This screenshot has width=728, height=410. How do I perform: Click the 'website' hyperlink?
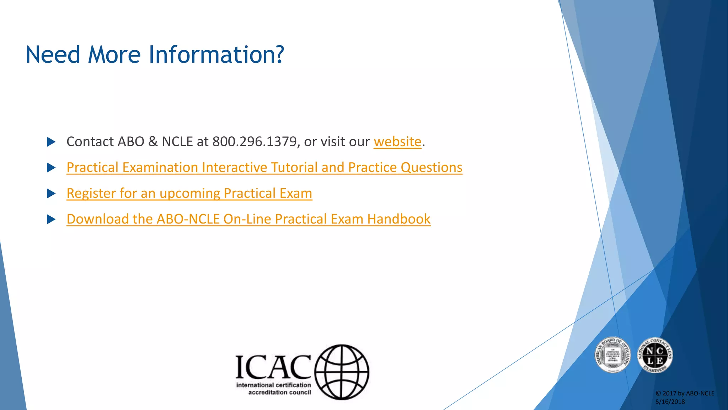coord(397,142)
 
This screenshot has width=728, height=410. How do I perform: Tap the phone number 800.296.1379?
coord(254,142)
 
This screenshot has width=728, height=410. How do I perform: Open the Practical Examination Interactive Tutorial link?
coord(264,168)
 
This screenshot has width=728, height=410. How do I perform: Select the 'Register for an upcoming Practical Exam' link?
coord(189,194)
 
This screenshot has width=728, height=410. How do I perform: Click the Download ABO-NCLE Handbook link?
coord(248,219)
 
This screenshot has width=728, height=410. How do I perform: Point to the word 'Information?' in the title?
coord(216,55)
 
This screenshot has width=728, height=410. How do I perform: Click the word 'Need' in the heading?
coord(53,55)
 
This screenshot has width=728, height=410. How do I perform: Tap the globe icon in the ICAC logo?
coord(342,372)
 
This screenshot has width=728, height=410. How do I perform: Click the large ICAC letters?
coord(273,367)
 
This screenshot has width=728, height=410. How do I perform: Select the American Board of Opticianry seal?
coord(612,355)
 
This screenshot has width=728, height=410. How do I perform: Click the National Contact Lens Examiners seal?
coord(655,355)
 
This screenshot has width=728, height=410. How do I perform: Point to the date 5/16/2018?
coord(670,402)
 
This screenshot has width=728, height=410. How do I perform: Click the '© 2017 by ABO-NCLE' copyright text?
coord(685,393)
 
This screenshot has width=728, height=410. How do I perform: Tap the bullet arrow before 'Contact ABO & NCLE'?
coord(51,142)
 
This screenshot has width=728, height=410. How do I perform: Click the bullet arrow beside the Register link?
coord(51,194)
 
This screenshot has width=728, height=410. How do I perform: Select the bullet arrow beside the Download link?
coord(51,219)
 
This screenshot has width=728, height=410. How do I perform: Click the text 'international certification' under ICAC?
coord(273,385)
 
